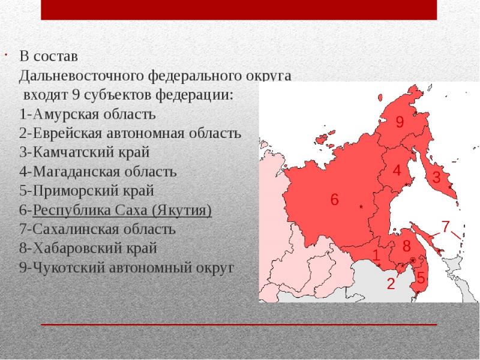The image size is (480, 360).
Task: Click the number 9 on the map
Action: pos(400,122)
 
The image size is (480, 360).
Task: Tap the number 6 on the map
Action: pos(335,200)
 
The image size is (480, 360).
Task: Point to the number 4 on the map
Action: pos(397,170)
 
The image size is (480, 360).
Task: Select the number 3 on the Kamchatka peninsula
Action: pos(436,177)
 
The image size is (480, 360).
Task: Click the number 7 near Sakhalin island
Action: pos(445,226)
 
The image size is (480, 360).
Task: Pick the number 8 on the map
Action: pos(407,245)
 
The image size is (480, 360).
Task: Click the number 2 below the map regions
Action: pos(391,284)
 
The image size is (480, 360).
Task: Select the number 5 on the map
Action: pos(421,278)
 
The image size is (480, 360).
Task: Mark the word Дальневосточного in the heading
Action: pos(82,76)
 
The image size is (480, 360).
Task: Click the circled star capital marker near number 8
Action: pos(413,260)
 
